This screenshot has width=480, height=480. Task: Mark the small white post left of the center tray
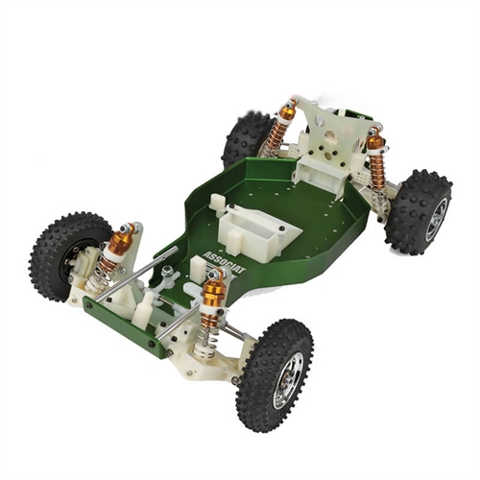(217, 203)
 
